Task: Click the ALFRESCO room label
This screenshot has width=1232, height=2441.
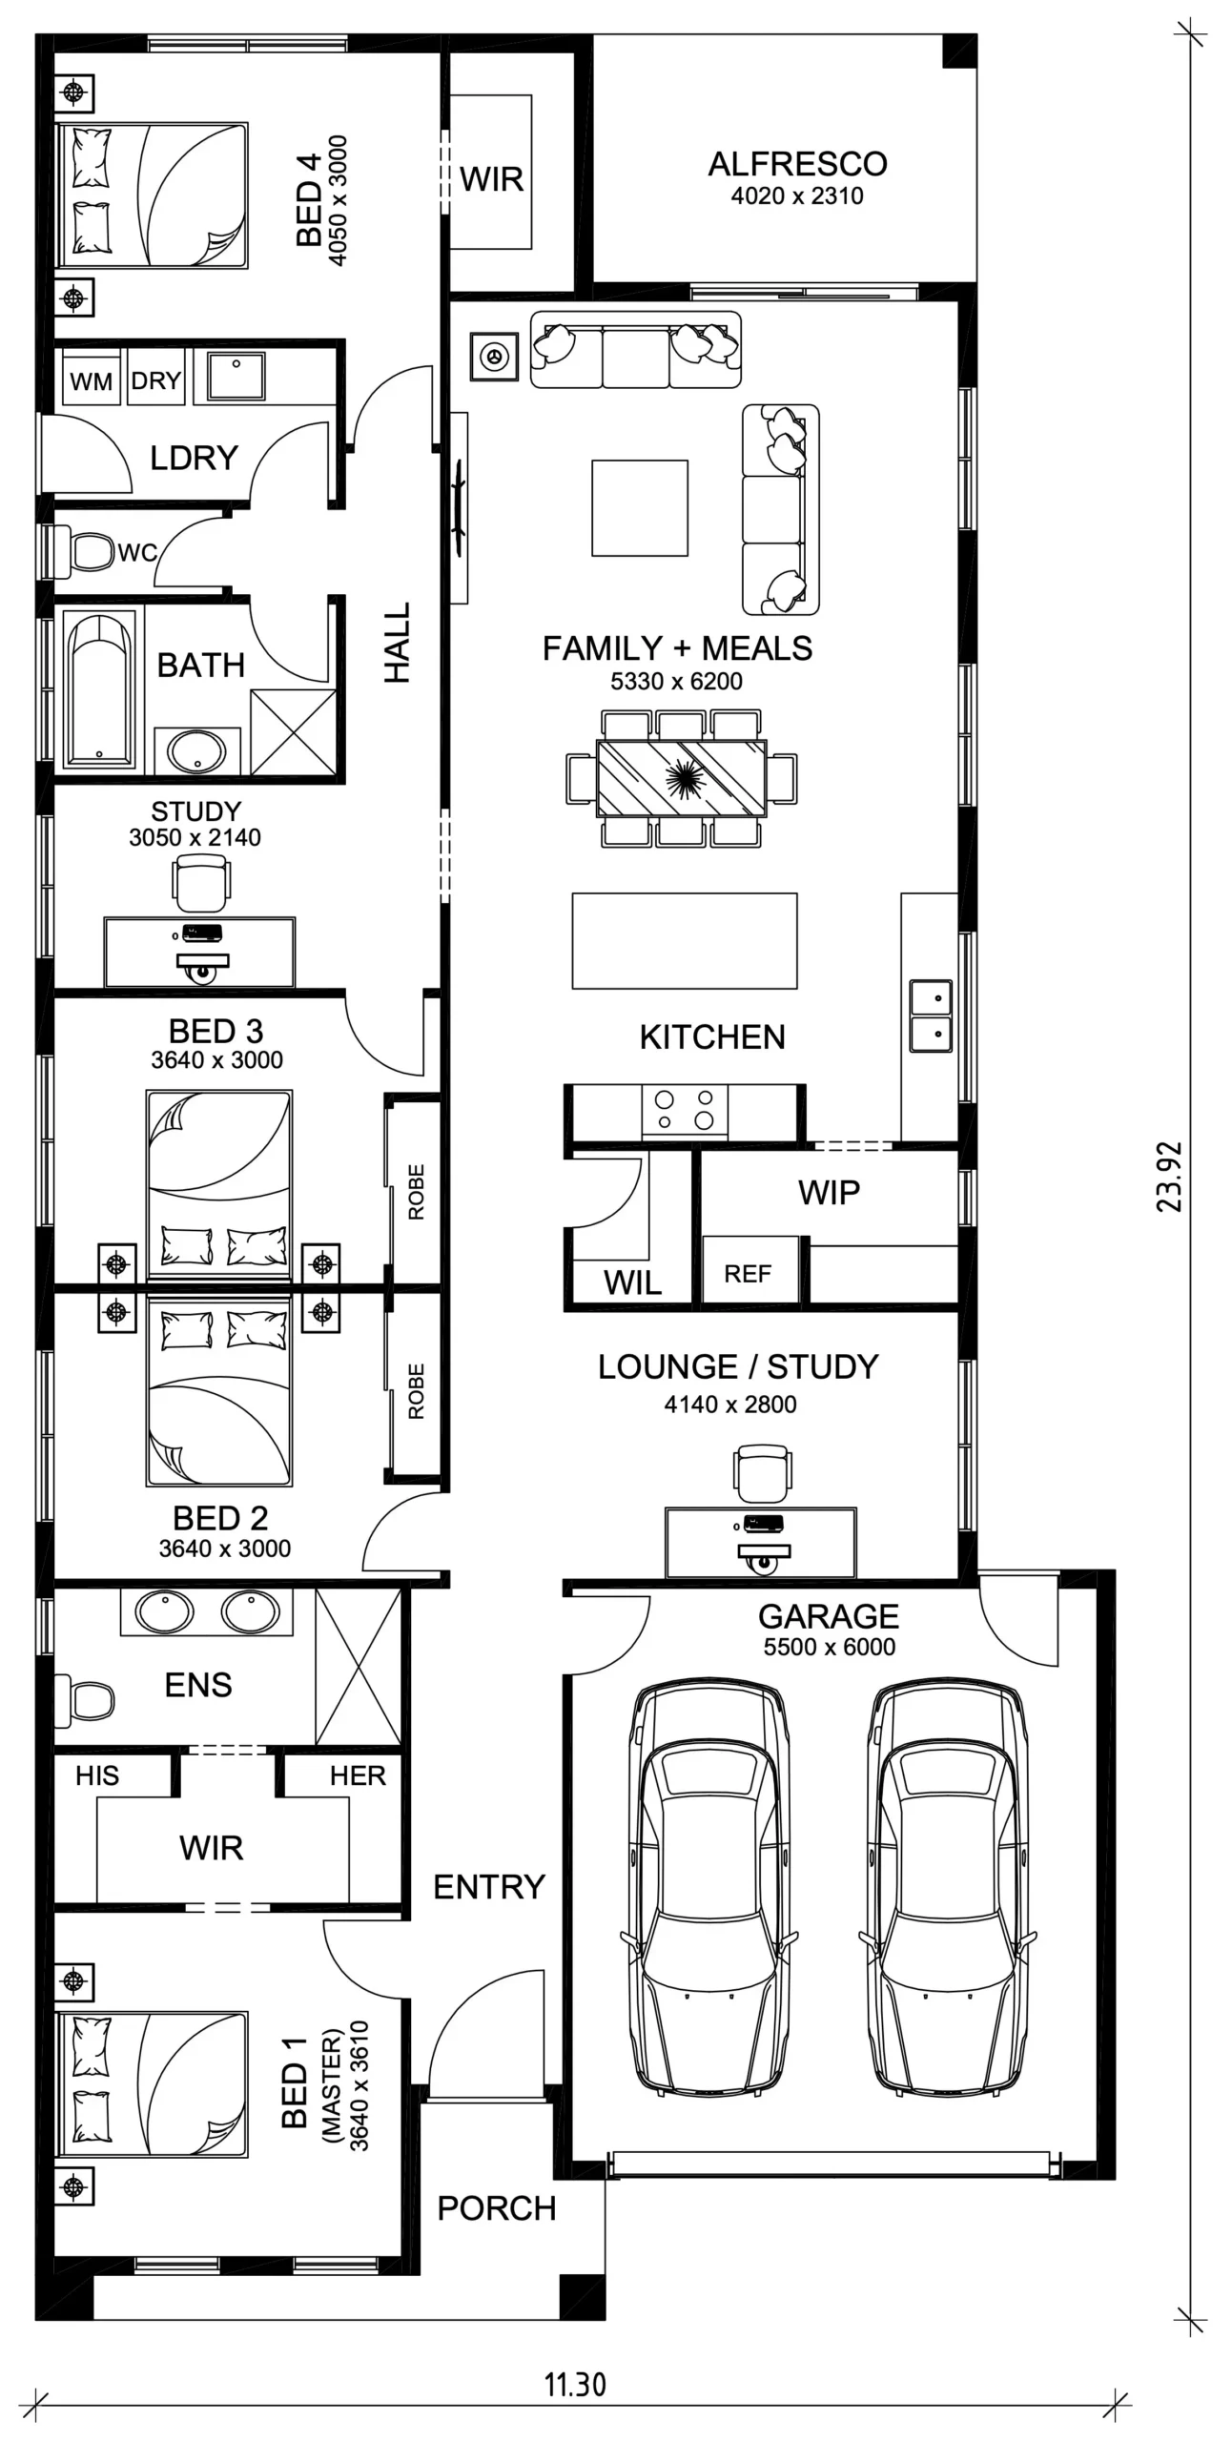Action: [x=797, y=164]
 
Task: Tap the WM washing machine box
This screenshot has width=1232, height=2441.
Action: [x=92, y=380]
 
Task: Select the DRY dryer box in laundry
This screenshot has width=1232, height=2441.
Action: [x=156, y=380]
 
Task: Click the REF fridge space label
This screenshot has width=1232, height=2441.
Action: [x=749, y=1273]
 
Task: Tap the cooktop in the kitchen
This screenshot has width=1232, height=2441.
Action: [x=685, y=1110]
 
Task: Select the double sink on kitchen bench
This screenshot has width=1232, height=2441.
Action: [x=931, y=1015]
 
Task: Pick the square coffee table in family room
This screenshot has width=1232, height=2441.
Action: [x=640, y=508]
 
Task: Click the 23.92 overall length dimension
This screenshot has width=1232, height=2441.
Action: [x=1169, y=1177]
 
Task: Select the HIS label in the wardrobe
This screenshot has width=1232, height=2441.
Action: [x=97, y=1775]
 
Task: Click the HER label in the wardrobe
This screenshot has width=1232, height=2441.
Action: [x=358, y=1775]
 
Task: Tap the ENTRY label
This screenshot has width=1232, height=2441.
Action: [x=489, y=1886]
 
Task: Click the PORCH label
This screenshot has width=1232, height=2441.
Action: [x=497, y=2208]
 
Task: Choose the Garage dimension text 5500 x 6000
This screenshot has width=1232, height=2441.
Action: [x=829, y=1647]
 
